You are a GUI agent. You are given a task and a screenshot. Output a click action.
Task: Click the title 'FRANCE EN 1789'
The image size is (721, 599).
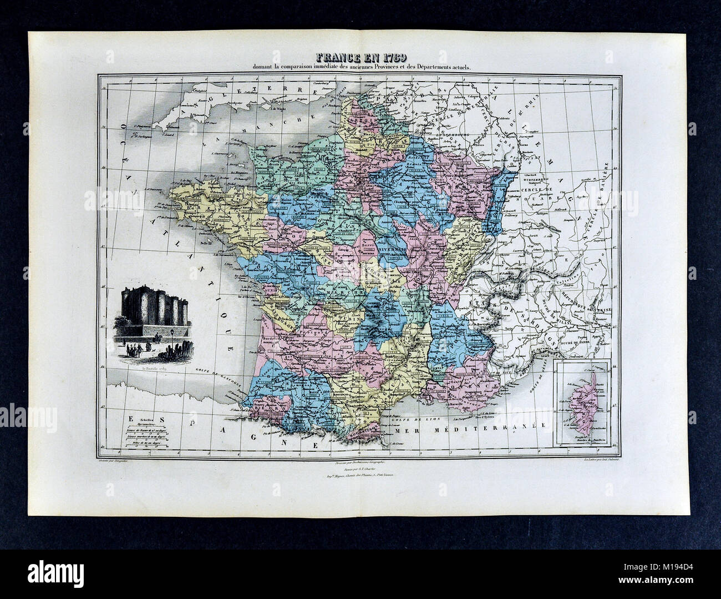360,58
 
